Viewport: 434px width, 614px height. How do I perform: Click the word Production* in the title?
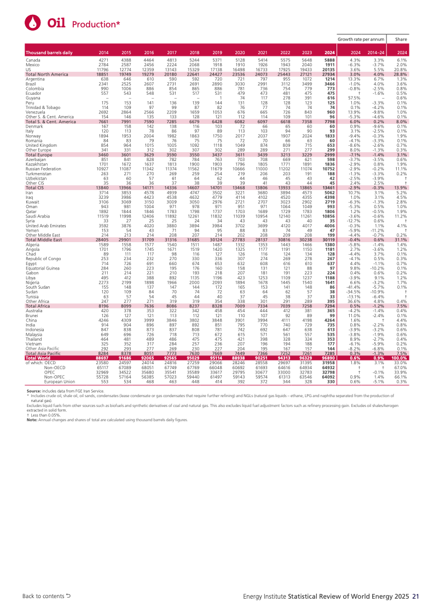(96, 24)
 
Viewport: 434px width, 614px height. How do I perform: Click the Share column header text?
(401, 39)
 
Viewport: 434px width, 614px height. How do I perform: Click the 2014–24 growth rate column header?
(379, 53)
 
